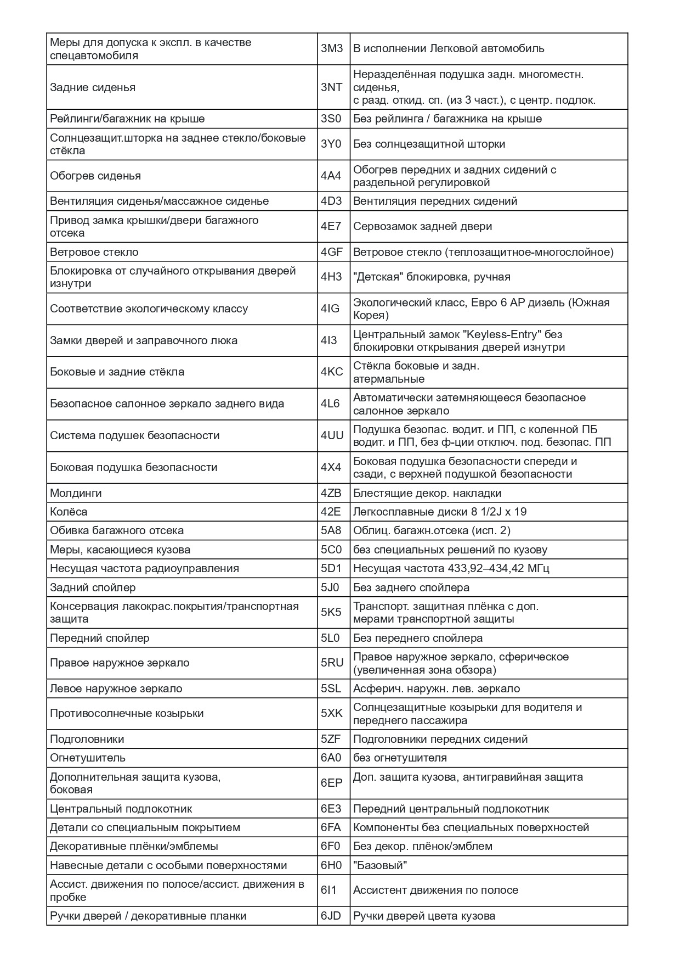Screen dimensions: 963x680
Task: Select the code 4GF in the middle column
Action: coord(331,252)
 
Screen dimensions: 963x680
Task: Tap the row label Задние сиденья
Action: coord(93,87)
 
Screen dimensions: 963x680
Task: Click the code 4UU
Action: coord(332,435)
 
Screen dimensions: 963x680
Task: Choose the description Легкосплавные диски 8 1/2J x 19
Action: coord(440,512)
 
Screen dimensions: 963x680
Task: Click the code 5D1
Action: coord(331,568)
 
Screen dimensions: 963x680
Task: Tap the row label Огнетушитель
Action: coord(88,758)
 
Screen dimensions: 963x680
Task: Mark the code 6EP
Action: coord(331,783)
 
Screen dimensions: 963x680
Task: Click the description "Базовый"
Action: coord(380,865)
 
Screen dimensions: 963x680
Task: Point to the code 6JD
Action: coord(331,916)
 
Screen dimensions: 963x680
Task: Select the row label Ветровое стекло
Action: coord(94,252)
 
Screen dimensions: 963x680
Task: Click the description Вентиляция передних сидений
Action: coord(435,201)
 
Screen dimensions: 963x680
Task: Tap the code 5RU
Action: coord(332,663)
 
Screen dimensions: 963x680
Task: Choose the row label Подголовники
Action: coord(87,739)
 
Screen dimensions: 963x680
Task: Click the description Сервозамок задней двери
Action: coord(422,226)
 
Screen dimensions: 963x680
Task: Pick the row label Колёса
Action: coord(69,512)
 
